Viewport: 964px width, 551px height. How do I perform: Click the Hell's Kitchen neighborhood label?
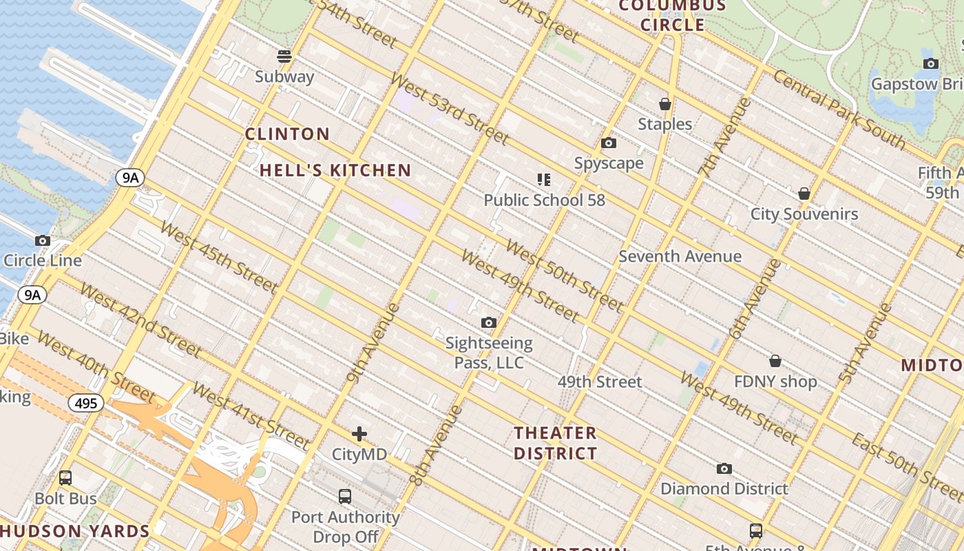pos(335,170)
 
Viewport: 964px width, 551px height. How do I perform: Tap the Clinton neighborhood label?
pos(287,134)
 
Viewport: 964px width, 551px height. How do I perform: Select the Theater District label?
pos(556,443)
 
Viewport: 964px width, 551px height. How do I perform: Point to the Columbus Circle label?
pos(672,16)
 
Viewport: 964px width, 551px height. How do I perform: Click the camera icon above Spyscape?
pos(609,143)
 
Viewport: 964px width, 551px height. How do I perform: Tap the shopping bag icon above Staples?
pos(665,104)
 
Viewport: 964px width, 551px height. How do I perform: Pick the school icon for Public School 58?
pos(544,180)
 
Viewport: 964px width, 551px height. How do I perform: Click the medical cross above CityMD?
pos(359,434)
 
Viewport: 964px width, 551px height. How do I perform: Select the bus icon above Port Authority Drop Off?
pos(345,496)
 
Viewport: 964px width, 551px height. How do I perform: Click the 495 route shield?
pos(86,403)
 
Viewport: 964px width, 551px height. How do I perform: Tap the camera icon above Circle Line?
pos(43,240)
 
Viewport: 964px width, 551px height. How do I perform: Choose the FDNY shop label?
pos(775,382)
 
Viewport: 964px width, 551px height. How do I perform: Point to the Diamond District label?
pos(724,488)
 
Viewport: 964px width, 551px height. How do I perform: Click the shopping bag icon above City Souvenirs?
pos(804,194)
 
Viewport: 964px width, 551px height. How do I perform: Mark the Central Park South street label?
pos(838,109)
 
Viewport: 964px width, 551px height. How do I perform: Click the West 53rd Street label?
pos(449,108)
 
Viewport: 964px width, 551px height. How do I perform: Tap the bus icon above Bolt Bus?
pos(65,477)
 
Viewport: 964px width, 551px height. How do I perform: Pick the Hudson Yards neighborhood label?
pos(75,531)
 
